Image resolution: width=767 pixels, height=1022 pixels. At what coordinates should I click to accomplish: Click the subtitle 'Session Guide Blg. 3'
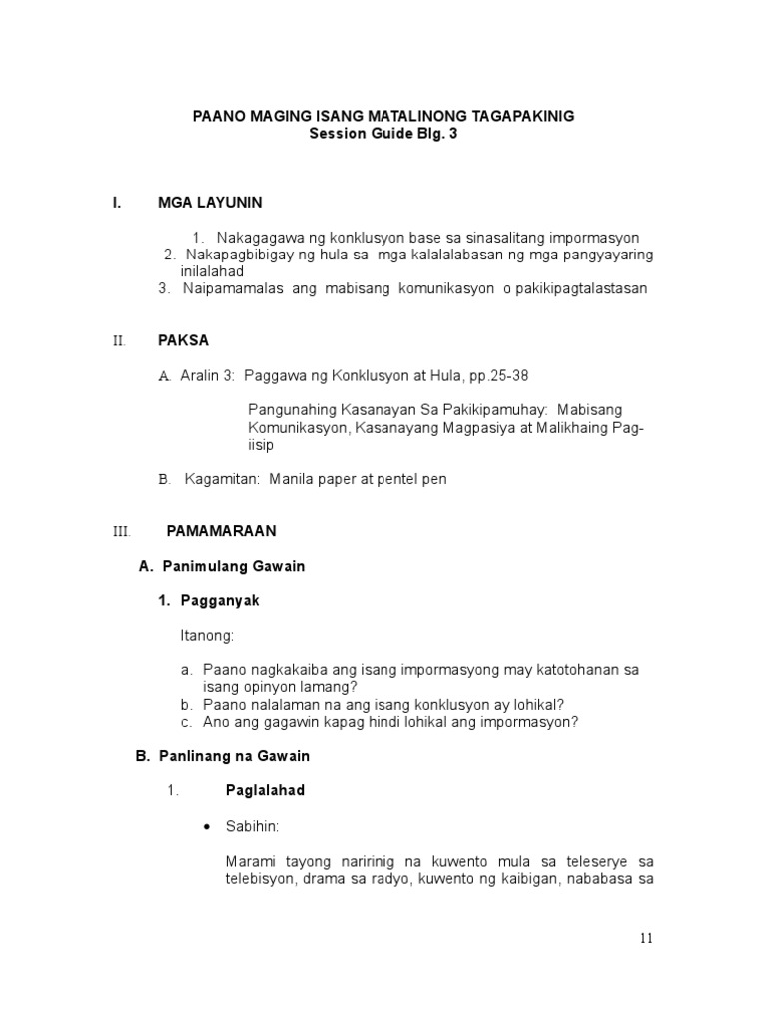383,134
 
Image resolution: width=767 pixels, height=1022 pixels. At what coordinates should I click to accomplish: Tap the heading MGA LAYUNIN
210,203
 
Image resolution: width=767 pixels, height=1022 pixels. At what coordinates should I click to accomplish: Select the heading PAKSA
183,340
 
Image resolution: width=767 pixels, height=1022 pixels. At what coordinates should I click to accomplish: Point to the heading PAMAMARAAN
221,531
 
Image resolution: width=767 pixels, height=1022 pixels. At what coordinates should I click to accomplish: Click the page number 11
647,939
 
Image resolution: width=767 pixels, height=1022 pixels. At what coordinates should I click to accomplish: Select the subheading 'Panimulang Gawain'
233,566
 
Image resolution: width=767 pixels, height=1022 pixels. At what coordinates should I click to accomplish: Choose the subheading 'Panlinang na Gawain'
238,757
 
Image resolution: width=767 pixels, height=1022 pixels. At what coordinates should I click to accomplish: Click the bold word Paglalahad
265,790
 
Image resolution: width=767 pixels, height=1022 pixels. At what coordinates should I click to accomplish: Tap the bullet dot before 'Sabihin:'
206,827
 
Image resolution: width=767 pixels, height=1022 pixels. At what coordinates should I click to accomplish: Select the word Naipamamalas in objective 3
227,289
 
